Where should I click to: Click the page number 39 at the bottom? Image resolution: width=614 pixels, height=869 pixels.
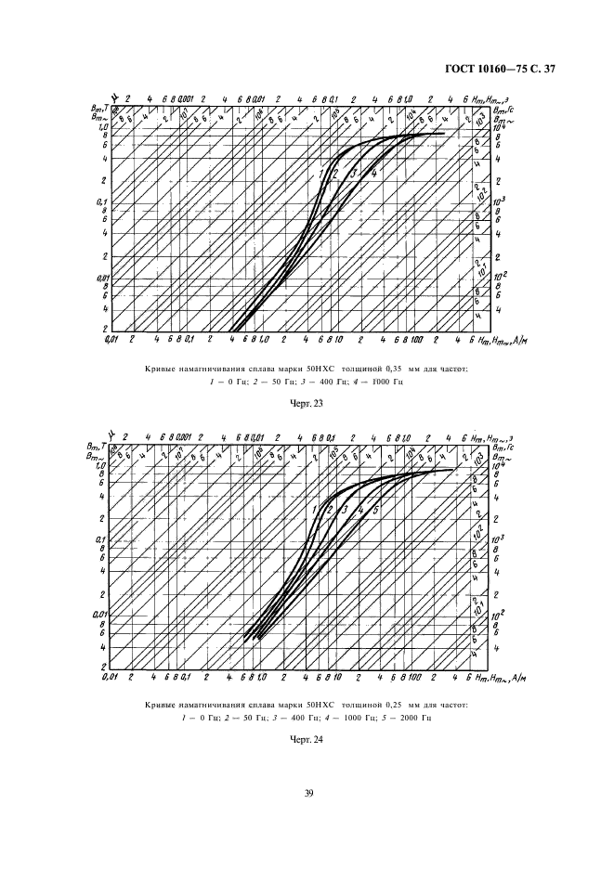(307, 792)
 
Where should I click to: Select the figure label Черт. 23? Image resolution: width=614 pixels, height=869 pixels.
(307, 403)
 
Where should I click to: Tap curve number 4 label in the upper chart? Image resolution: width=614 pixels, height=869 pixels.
(372, 174)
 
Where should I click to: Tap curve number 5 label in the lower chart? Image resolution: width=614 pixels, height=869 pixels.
(374, 510)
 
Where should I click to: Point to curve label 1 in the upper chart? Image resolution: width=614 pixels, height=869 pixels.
(321, 174)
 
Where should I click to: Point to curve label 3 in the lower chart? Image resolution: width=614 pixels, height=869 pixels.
(345, 510)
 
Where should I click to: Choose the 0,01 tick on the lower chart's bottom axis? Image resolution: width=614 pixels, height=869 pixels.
(113, 679)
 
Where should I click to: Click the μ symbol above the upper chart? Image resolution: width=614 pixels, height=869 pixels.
(111, 95)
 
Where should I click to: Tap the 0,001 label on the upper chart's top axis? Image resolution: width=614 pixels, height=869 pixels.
(183, 97)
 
